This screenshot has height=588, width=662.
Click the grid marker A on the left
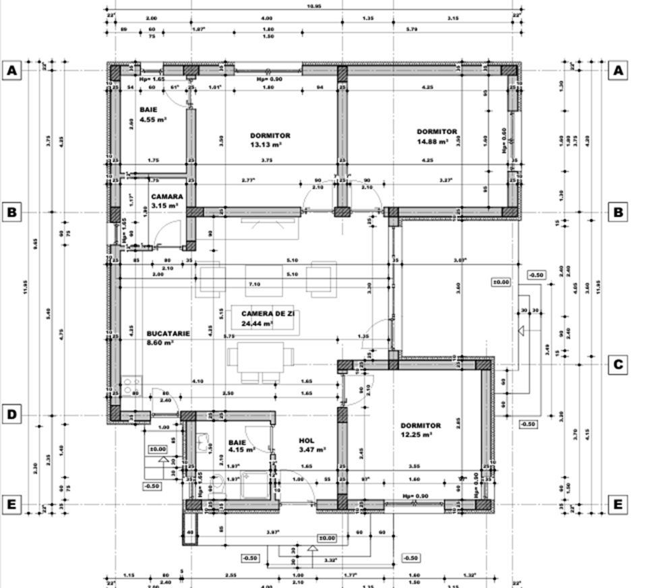pos(11,70)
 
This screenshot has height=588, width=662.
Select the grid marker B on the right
pos(618,212)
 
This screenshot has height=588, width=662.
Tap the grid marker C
pos(618,365)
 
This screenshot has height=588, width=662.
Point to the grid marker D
pos(11,414)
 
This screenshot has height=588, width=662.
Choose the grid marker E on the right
pos(618,504)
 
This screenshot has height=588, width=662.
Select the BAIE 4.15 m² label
pos(239,445)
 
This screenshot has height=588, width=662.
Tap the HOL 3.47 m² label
pos(312,444)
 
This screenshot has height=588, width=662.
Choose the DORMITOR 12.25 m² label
pos(420,430)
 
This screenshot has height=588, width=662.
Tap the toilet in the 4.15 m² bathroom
pos(217,484)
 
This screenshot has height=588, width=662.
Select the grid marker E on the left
pos(11,504)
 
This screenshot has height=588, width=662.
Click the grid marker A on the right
pos(618,70)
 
